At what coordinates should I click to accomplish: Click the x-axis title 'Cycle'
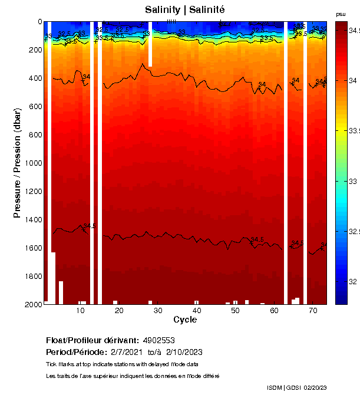point(185,320)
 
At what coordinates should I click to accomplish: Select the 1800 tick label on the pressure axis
point(32,276)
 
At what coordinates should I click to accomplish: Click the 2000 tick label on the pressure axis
point(32,304)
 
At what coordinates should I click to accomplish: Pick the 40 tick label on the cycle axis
point(196,310)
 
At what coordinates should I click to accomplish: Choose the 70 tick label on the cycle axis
point(313,310)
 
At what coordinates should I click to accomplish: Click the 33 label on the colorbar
point(352,181)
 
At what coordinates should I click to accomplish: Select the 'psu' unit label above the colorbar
point(341,14)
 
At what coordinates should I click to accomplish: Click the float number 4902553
point(159,340)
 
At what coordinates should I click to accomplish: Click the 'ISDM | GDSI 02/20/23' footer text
point(298,387)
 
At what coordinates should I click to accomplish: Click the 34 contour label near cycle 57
point(262,84)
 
